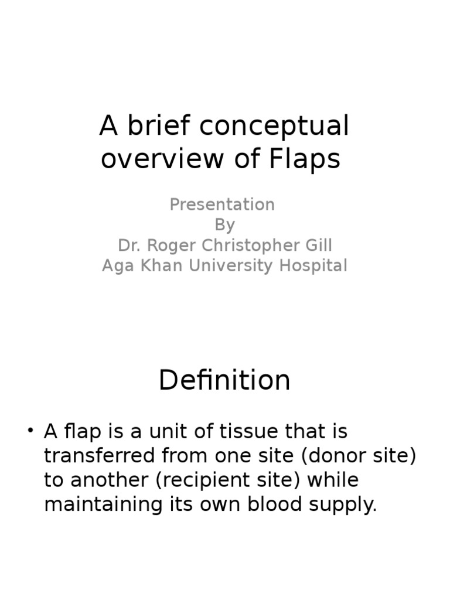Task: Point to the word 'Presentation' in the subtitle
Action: (222, 204)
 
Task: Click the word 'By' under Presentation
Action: (224, 225)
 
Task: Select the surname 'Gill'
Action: (319, 246)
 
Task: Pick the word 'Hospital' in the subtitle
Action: (313, 265)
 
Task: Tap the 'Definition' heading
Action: (224, 380)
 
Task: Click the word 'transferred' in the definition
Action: (97, 456)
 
